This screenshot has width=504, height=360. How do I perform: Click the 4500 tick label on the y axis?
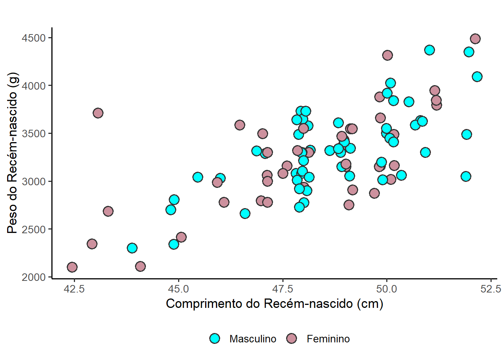[x=33, y=38]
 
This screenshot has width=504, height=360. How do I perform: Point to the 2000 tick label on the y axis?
[x=33, y=277]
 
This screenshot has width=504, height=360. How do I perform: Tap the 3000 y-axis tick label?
[x=33, y=181]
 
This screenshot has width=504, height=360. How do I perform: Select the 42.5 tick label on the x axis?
[x=74, y=289]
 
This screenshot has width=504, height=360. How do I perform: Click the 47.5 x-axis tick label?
[x=282, y=289]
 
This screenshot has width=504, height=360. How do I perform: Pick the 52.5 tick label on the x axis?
[x=490, y=289]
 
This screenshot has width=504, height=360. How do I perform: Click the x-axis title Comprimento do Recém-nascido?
[x=274, y=303]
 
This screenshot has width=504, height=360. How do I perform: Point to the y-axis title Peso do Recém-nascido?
[x=12, y=153]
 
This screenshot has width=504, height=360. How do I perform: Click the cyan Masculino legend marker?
[x=214, y=339]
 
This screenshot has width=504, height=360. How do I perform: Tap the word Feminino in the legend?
[x=328, y=339]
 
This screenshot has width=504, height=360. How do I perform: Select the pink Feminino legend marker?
[x=291, y=339]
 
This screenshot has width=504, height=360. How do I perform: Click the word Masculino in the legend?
[x=253, y=339]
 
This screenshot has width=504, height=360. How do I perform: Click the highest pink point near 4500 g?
[x=475, y=39]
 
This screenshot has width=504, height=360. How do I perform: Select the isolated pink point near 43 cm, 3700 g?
[x=98, y=113]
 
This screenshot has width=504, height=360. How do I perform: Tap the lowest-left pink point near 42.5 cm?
[x=72, y=267]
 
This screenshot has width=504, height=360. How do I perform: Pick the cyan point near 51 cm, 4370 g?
[x=429, y=50]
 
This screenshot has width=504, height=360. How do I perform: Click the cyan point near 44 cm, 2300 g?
[x=132, y=248]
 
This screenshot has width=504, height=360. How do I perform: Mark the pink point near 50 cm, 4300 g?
[x=387, y=55]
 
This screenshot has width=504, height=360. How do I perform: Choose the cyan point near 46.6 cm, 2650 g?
[x=245, y=213]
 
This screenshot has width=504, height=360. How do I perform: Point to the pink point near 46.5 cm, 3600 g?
[x=240, y=125]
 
